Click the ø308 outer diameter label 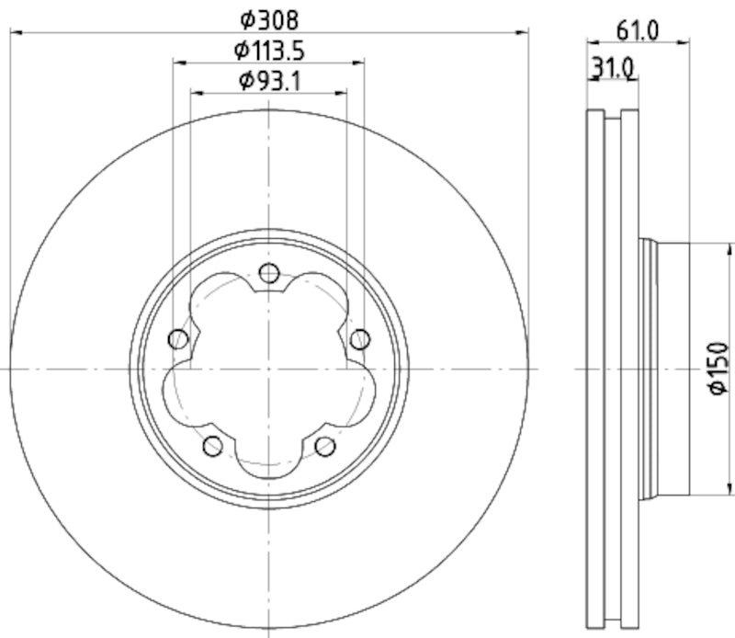tap(268, 18)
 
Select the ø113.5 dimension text tap(268, 49)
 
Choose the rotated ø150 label tap(718, 369)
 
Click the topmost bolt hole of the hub tap(268, 273)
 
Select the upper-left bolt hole tap(178, 339)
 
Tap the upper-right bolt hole tap(359, 339)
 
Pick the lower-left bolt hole tap(212, 446)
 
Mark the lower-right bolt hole tap(324, 446)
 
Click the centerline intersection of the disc tap(268, 368)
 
